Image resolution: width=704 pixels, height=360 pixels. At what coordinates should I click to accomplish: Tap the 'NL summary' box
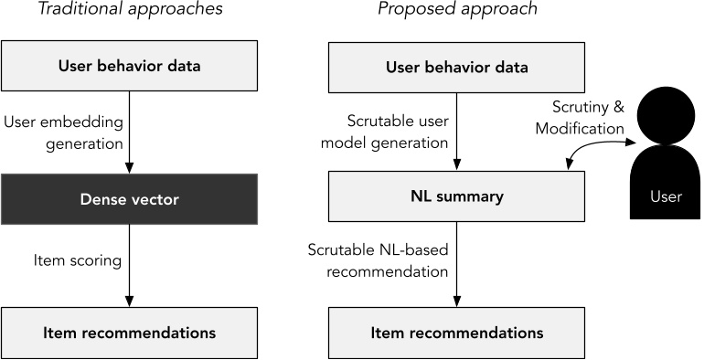click(x=457, y=196)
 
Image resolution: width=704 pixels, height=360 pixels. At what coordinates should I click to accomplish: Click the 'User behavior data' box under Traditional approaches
click(x=130, y=68)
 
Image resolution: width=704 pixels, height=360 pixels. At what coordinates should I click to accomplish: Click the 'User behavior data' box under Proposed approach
click(x=457, y=68)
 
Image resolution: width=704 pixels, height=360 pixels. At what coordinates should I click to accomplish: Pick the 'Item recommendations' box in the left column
click(x=130, y=333)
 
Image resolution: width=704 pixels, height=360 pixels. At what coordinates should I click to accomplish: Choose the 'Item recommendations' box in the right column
click(x=457, y=333)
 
